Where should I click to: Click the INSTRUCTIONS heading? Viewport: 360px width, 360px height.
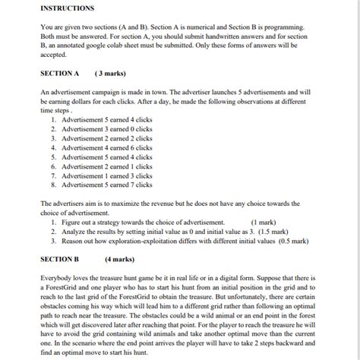(67, 8)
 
